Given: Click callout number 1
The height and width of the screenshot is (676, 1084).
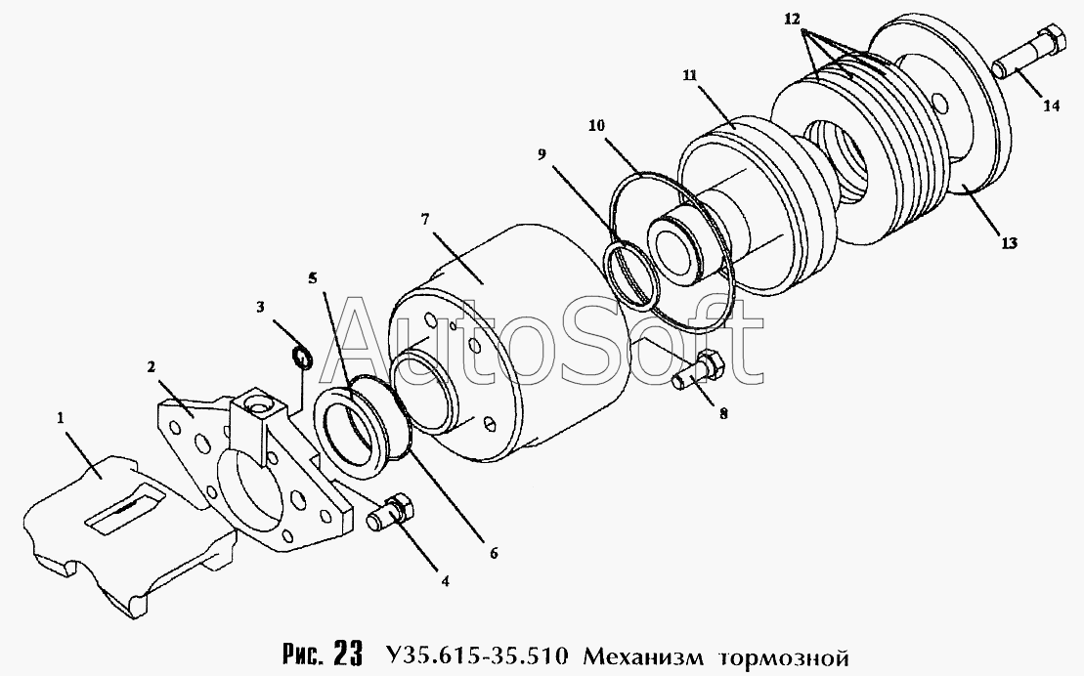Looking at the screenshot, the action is tap(61, 417).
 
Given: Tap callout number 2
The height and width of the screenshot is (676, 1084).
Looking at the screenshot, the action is tap(151, 367).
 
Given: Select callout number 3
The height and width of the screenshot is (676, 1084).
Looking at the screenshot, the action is tap(260, 307).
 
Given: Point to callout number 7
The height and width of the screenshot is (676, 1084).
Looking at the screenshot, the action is tap(425, 220).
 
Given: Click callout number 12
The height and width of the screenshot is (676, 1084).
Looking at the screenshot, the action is tap(792, 20).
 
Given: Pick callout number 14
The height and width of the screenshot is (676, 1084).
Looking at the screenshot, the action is tap(1051, 106).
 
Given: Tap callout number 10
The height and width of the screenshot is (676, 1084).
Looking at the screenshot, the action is tap(596, 126).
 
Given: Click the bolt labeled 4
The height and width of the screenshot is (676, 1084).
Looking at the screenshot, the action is tap(391, 514).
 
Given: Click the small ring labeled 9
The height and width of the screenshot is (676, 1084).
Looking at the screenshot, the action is tap(629, 274).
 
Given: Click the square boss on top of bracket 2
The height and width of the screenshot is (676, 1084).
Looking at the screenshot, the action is tap(254, 415).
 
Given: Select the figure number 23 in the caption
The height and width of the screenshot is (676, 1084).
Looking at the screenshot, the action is tap(348, 653).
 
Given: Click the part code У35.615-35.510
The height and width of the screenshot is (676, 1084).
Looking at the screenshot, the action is tap(476, 654).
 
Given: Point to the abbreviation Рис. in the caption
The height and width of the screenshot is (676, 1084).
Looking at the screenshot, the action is tap(303, 654).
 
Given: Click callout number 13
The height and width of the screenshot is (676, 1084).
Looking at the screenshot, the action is tap(1009, 242).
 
